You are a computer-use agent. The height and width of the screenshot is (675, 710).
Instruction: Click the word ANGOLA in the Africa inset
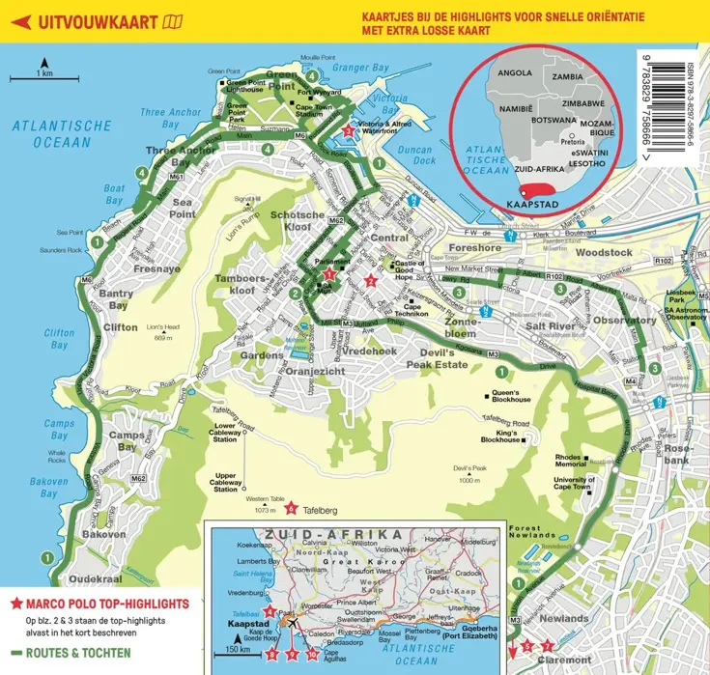[x=513, y=72]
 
